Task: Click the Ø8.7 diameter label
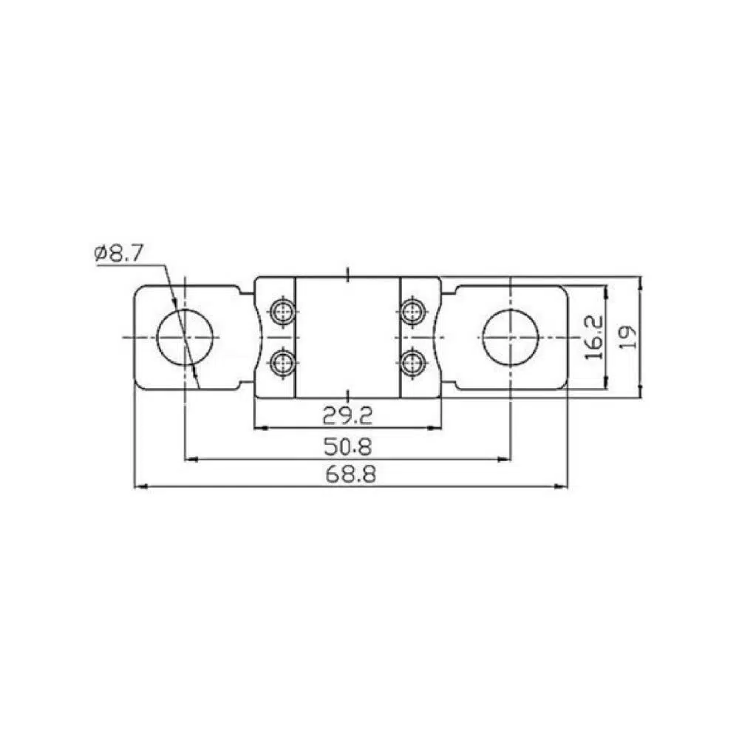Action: point(119,253)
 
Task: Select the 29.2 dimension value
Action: point(347,415)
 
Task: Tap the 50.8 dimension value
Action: point(347,447)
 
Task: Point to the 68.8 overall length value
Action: point(350,474)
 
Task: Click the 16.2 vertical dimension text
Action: point(593,337)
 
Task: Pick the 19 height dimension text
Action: point(627,337)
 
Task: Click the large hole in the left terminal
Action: point(185,337)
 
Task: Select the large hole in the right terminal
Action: point(510,337)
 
